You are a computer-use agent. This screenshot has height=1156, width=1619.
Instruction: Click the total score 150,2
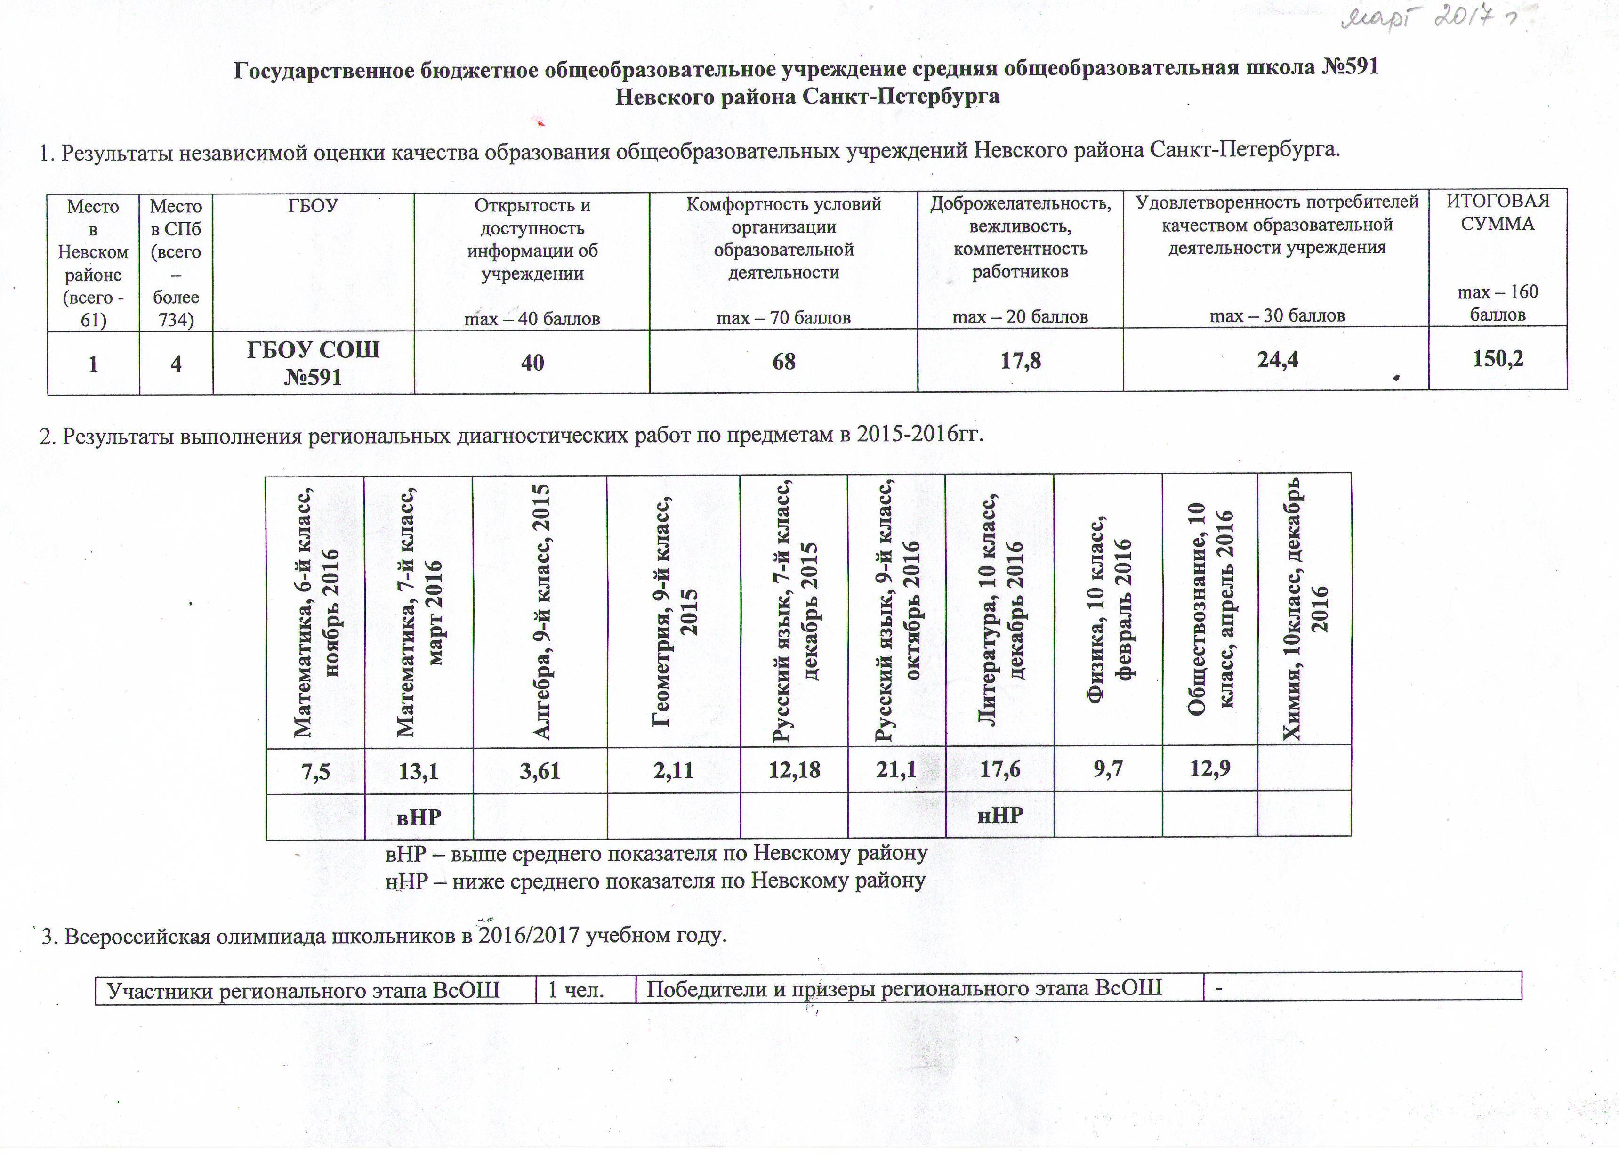pos(1498,359)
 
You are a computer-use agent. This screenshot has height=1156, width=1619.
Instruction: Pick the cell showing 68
pos(783,362)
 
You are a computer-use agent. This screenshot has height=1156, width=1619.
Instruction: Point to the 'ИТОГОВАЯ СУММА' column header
pos(1498,212)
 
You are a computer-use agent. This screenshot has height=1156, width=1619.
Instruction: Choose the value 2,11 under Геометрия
pos(673,771)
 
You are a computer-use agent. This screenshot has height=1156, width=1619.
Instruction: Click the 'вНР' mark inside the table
pos(419,817)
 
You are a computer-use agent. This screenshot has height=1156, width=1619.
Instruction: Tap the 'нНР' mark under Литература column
pos(1000,815)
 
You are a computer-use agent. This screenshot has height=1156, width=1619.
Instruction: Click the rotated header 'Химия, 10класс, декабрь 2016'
pos(1305,609)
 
